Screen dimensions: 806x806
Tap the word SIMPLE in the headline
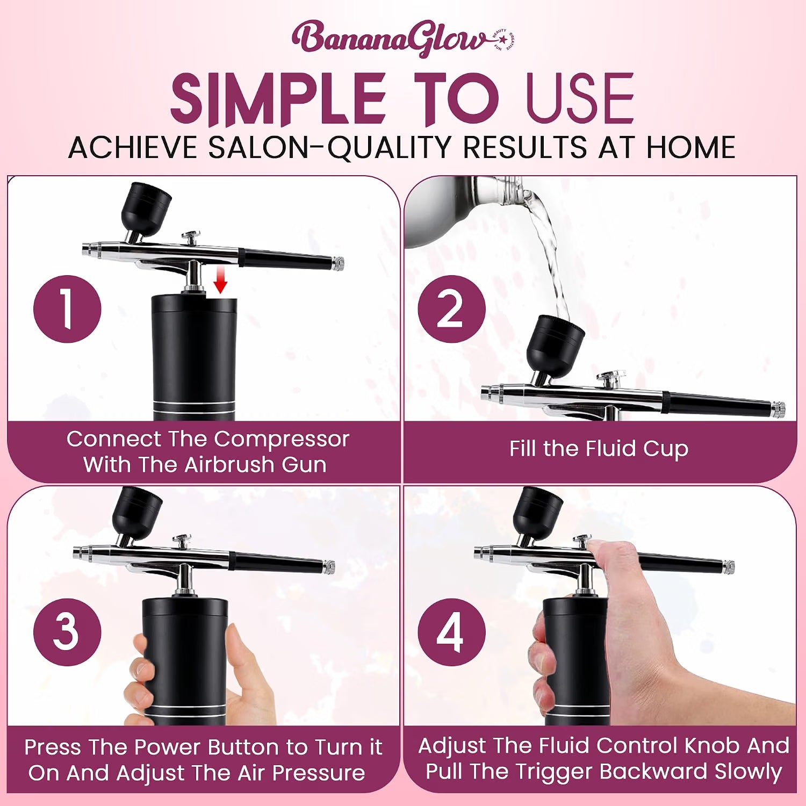coord(278,99)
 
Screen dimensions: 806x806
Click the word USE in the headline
coord(580,99)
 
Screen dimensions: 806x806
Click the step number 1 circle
coord(67,309)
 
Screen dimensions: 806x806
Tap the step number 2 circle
coord(451,309)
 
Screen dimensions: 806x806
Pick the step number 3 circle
coord(67,632)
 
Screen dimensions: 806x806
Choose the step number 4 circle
coord(451,632)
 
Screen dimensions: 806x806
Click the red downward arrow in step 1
coord(220,280)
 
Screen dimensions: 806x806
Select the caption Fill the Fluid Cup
coord(599,449)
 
